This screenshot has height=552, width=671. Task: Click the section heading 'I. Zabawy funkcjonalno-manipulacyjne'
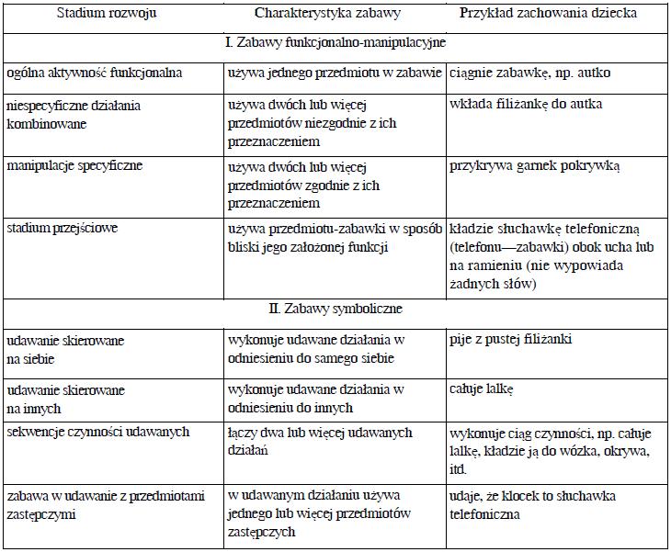(335, 43)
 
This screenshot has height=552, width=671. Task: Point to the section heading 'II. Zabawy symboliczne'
(335, 309)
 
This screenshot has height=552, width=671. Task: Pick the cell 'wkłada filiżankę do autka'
(526, 104)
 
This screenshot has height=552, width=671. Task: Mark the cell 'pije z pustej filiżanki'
(511, 340)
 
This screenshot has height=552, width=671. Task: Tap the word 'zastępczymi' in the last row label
(43, 515)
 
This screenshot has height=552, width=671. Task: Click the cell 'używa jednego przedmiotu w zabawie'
(335, 73)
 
